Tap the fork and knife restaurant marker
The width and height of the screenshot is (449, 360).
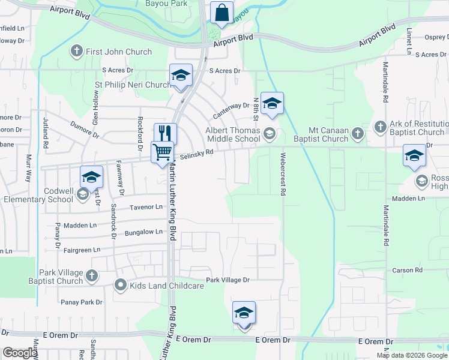tap(164, 134)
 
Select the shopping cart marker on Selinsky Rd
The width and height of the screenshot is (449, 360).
tap(162, 152)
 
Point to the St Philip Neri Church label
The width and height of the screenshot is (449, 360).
tap(133, 85)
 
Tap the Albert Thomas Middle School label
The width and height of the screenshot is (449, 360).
tap(233, 134)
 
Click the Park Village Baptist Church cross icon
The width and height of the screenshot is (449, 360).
tap(91, 276)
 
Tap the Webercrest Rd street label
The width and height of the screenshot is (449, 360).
tap(282, 173)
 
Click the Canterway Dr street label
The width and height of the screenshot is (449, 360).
tap(231, 106)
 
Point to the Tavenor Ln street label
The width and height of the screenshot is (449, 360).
tap(146, 207)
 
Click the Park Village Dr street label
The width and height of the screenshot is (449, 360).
tap(228, 280)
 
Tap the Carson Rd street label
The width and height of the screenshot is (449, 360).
tap(408, 271)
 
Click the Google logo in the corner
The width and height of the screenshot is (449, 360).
tap(19, 353)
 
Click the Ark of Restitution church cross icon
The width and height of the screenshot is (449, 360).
tap(379, 127)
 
